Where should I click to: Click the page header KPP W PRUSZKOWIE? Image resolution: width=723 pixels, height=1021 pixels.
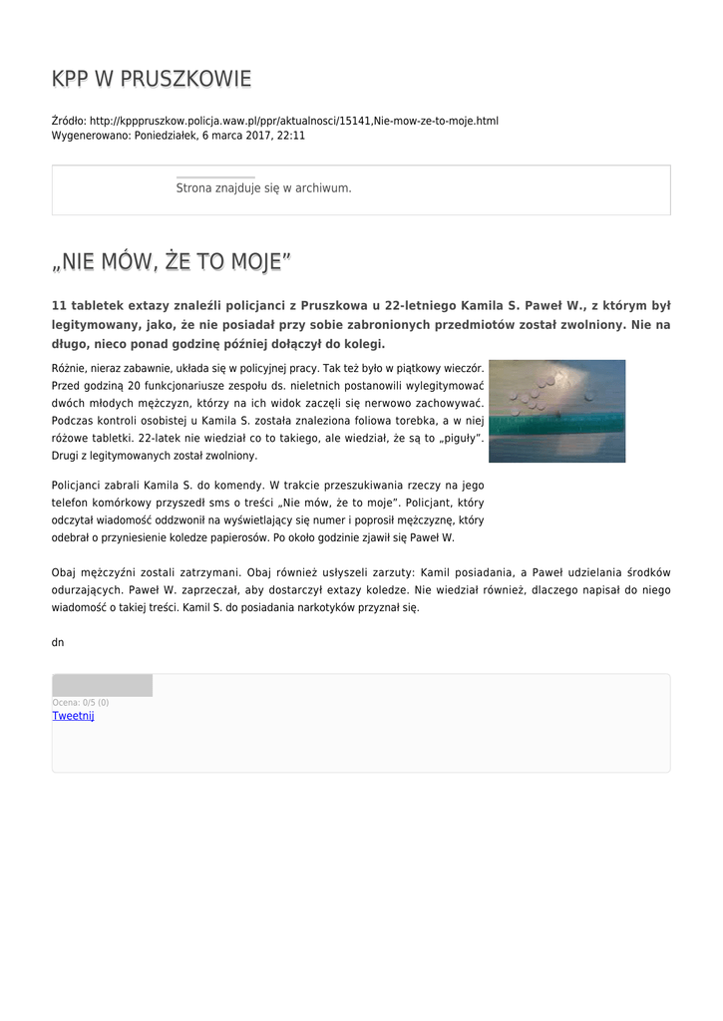pyautogui.click(x=152, y=79)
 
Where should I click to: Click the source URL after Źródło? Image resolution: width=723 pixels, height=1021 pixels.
pyautogui.click(x=294, y=121)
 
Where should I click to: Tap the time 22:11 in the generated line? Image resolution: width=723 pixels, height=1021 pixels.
pyautogui.click(x=291, y=136)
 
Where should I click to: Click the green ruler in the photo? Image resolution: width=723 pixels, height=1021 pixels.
pyautogui.click(x=556, y=424)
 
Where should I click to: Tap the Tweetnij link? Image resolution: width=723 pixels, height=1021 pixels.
pyautogui.click(x=73, y=716)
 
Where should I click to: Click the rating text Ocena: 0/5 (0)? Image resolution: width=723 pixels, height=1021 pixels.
pyautogui.click(x=81, y=703)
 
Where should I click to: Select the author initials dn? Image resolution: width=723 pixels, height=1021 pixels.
pyautogui.click(x=58, y=642)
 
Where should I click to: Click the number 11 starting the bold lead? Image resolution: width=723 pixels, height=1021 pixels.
pyautogui.click(x=58, y=306)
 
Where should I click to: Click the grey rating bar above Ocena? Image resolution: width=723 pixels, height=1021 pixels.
pyautogui.click(x=102, y=685)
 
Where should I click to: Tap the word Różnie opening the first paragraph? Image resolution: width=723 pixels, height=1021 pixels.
pyautogui.click(x=70, y=368)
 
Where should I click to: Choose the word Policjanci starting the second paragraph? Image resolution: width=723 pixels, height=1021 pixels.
pyautogui.click(x=78, y=486)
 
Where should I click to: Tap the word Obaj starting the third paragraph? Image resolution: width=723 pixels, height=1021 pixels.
pyautogui.click(x=63, y=572)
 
